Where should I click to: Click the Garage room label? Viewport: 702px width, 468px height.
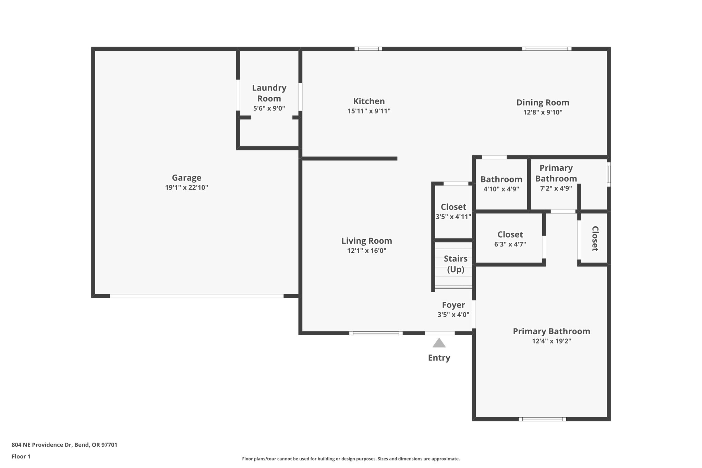(186, 178)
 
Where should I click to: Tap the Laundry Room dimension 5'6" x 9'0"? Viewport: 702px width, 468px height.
(269, 108)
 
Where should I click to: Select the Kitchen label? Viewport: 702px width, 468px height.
(369, 101)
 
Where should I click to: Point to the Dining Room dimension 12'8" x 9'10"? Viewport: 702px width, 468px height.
(543, 112)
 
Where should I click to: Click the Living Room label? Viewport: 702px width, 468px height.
(366, 241)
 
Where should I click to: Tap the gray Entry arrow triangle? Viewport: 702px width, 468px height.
(439, 343)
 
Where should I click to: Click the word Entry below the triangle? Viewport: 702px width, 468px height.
(439, 358)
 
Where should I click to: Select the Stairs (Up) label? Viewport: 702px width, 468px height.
(456, 264)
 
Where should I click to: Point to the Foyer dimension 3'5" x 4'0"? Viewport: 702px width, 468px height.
(453, 314)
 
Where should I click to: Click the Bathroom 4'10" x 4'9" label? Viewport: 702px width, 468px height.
(501, 179)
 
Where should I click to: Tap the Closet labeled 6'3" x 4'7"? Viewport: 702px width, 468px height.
(510, 235)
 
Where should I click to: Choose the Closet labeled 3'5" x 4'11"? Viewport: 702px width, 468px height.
(453, 207)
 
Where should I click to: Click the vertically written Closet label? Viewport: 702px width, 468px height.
(595, 239)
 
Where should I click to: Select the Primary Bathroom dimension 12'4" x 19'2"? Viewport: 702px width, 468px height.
(551, 341)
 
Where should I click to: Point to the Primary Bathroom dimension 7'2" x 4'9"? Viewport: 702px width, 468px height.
(556, 188)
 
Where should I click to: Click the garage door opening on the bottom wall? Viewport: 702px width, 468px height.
(196, 296)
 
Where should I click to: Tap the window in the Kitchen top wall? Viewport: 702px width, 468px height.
(368, 49)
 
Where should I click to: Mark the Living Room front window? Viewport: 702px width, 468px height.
(376, 333)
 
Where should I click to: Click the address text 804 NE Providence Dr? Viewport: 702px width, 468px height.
(64, 445)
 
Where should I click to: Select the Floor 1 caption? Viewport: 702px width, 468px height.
(21, 456)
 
